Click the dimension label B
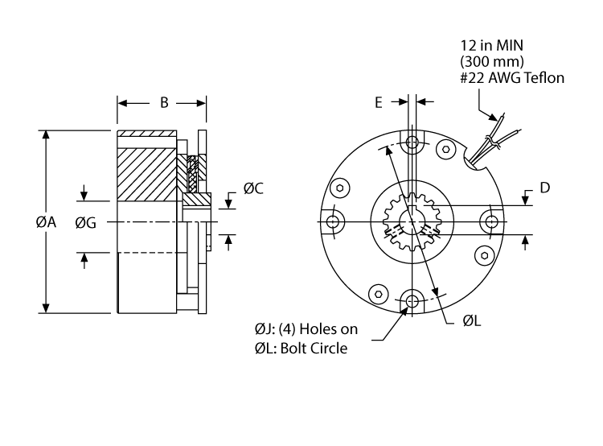point(163,103)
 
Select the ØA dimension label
point(45,223)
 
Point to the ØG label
point(85,223)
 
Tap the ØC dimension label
point(254,190)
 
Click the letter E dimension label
point(379,102)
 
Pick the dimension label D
point(544,188)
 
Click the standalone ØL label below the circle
point(472,320)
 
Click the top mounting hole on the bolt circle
point(412,144)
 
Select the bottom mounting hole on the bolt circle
point(412,301)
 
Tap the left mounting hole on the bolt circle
point(334,221)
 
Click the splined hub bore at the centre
point(412,222)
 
